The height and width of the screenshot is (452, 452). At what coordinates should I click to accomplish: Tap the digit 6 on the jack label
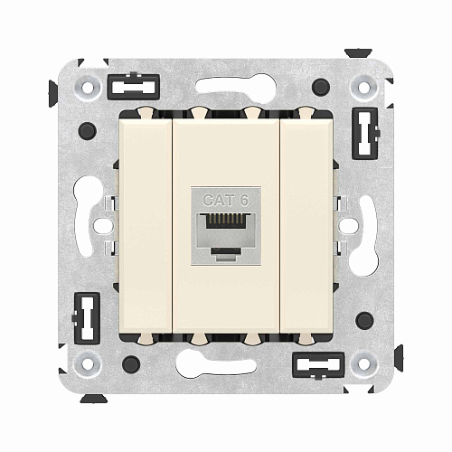tap(242, 200)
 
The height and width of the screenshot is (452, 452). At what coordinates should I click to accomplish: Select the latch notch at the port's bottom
tap(226, 244)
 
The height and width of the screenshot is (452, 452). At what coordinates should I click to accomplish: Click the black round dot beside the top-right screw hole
tap(322, 88)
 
